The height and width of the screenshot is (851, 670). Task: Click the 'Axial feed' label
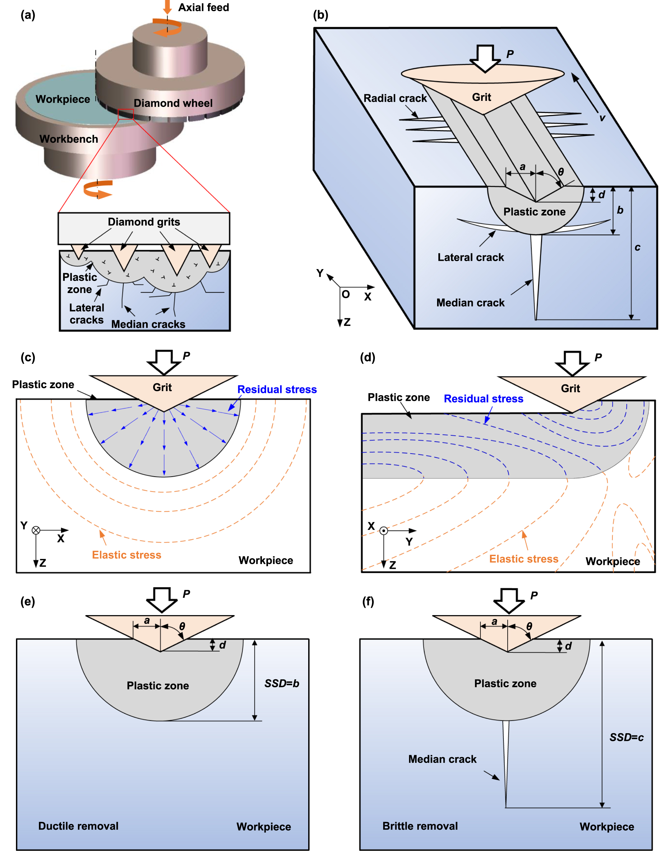pyautogui.click(x=203, y=7)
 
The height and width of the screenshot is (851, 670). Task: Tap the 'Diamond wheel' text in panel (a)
pyautogui.click(x=173, y=103)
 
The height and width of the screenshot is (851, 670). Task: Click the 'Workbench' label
pyautogui.click(x=69, y=139)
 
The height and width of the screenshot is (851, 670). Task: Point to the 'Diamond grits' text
pyautogui.click(x=144, y=222)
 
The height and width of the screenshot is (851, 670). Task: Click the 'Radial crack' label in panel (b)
pyautogui.click(x=395, y=98)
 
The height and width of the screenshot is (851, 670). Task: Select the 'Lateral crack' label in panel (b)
pyautogui.click(x=470, y=258)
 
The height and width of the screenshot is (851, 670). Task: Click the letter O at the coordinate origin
pyautogui.click(x=346, y=294)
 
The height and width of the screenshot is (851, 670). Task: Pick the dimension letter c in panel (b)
pyautogui.click(x=637, y=247)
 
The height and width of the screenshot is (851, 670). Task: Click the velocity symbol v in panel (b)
pyautogui.click(x=602, y=117)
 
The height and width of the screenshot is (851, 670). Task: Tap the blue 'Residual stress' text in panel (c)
pyautogui.click(x=277, y=389)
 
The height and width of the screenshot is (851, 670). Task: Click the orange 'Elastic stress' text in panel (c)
pyautogui.click(x=126, y=555)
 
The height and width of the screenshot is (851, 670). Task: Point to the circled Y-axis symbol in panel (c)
pyautogui.click(x=36, y=530)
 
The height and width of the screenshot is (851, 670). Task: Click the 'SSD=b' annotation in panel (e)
pyautogui.click(x=282, y=683)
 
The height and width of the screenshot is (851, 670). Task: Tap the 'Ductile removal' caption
pyautogui.click(x=78, y=826)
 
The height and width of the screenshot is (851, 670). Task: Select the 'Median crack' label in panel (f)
pyautogui.click(x=442, y=759)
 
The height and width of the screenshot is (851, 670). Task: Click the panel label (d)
pyautogui.click(x=368, y=357)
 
